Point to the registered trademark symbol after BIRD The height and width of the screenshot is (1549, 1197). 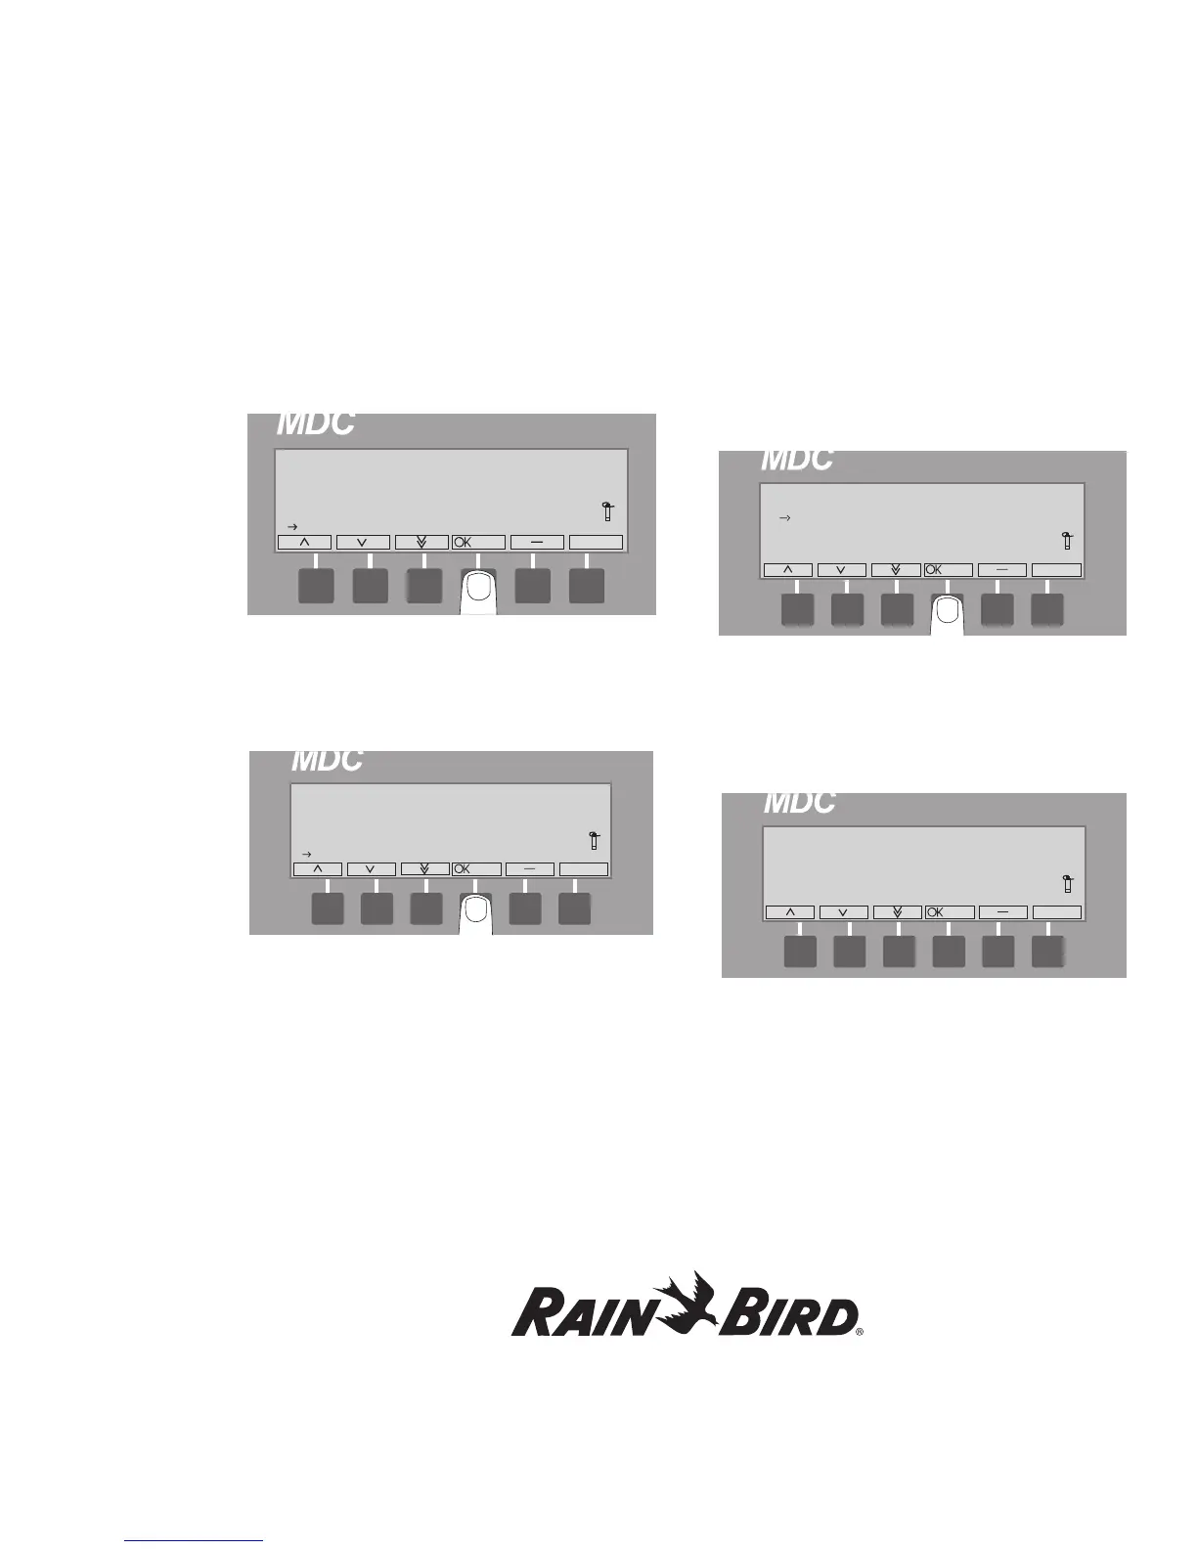click(861, 1332)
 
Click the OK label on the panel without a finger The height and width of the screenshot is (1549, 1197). click(936, 912)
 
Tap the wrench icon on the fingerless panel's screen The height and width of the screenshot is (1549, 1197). click(1067, 883)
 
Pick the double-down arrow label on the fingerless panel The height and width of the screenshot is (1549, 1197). click(897, 912)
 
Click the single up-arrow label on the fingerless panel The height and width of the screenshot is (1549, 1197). click(790, 912)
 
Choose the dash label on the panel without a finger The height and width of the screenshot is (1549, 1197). click(1002, 912)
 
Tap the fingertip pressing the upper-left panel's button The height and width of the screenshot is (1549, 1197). click(478, 588)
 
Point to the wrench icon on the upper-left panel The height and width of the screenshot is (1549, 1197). click(607, 510)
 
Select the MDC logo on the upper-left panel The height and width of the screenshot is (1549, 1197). click(315, 424)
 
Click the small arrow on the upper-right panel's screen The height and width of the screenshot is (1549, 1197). click(783, 517)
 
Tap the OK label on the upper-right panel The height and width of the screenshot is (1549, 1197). click(935, 570)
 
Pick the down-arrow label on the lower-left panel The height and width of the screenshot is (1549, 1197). click(371, 869)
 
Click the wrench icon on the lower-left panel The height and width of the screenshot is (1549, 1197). click(594, 840)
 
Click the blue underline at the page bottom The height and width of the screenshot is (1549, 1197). click(194, 1541)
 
